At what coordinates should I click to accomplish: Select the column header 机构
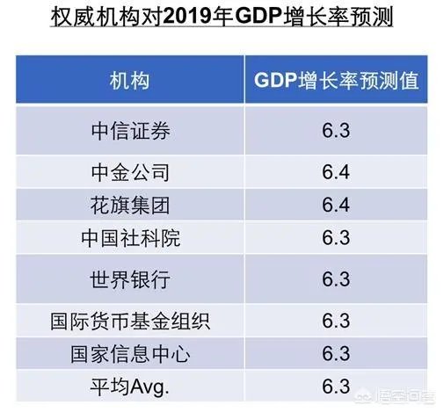(129, 82)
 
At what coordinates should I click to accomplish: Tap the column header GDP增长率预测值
(336, 82)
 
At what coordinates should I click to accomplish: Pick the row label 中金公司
(129, 172)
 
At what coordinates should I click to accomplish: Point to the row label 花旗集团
(129, 206)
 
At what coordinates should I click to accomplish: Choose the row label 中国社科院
(129, 238)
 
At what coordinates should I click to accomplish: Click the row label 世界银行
(129, 279)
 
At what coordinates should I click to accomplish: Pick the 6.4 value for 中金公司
(336, 172)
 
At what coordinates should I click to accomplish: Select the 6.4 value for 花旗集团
(336, 206)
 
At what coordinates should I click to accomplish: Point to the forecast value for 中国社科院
(336, 238)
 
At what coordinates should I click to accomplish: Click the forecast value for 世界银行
(336, 279)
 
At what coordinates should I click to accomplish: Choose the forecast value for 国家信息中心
(336, 353)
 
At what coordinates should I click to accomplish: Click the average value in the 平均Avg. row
(336, 386)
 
